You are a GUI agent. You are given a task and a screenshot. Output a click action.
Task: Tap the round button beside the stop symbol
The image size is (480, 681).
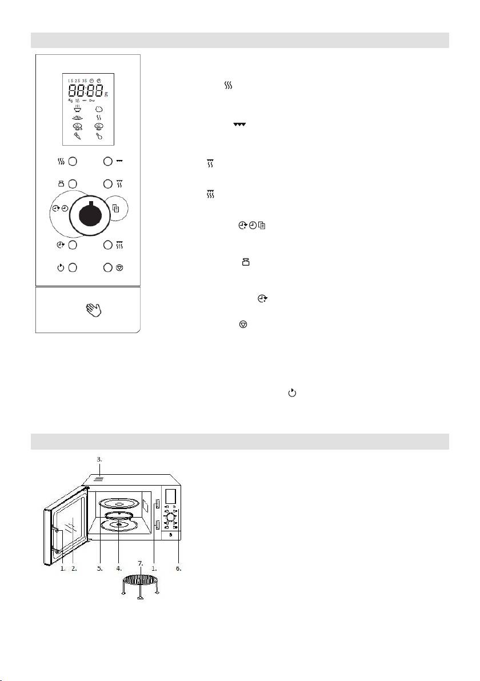click(x=107, y=267)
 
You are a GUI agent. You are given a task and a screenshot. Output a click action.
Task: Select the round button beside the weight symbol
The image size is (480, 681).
click(x=73, y=184)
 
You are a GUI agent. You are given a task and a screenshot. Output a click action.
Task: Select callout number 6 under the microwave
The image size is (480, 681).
click(x=179, y=568)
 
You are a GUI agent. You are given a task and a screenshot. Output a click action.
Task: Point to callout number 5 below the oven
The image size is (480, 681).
click(x=100, y=568)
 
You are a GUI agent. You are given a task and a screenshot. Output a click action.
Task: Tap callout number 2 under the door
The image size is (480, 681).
click(x=74, y=568)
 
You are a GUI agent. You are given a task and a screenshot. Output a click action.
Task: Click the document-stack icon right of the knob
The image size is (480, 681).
click(x=119, y=209)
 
